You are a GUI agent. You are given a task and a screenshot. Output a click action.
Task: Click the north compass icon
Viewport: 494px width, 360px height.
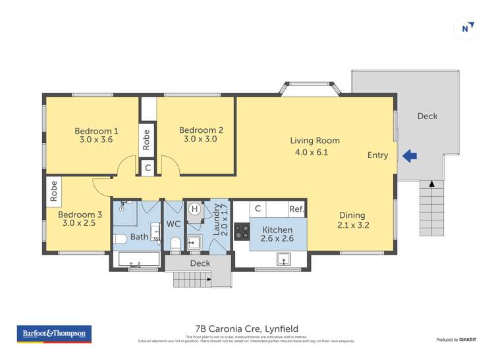pos(466,28)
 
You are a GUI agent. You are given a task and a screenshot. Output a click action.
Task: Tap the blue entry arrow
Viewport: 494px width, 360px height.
pos(409,156)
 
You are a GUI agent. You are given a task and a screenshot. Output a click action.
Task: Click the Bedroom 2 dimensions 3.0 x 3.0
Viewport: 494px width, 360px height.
pos(201,140)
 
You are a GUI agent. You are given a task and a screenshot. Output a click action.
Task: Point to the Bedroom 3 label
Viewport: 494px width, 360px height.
pos(80,215)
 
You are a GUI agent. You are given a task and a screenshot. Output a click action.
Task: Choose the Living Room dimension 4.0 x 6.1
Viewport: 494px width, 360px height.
pos(312,153)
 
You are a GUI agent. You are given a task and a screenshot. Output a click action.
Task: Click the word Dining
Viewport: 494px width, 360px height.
pos(352,215)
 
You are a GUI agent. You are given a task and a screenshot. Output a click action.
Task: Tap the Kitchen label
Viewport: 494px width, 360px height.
pos(277,230)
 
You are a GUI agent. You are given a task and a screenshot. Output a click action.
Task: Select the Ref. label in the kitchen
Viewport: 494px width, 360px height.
pos(296,209)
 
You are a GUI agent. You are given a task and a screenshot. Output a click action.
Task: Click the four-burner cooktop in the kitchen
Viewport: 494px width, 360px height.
pos(242,232)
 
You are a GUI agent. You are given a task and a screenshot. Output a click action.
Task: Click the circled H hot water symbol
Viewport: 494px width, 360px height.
pos(194,209)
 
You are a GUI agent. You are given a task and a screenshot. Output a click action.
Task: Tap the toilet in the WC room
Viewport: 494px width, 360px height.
pos(175,245)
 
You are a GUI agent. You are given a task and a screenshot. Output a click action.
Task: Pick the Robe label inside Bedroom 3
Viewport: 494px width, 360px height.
pos(54,191)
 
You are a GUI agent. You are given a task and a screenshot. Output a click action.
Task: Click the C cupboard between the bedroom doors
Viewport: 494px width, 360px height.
pos(148,168)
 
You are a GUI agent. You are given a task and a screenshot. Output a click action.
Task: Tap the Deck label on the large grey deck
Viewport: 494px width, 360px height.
pos(427,116)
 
